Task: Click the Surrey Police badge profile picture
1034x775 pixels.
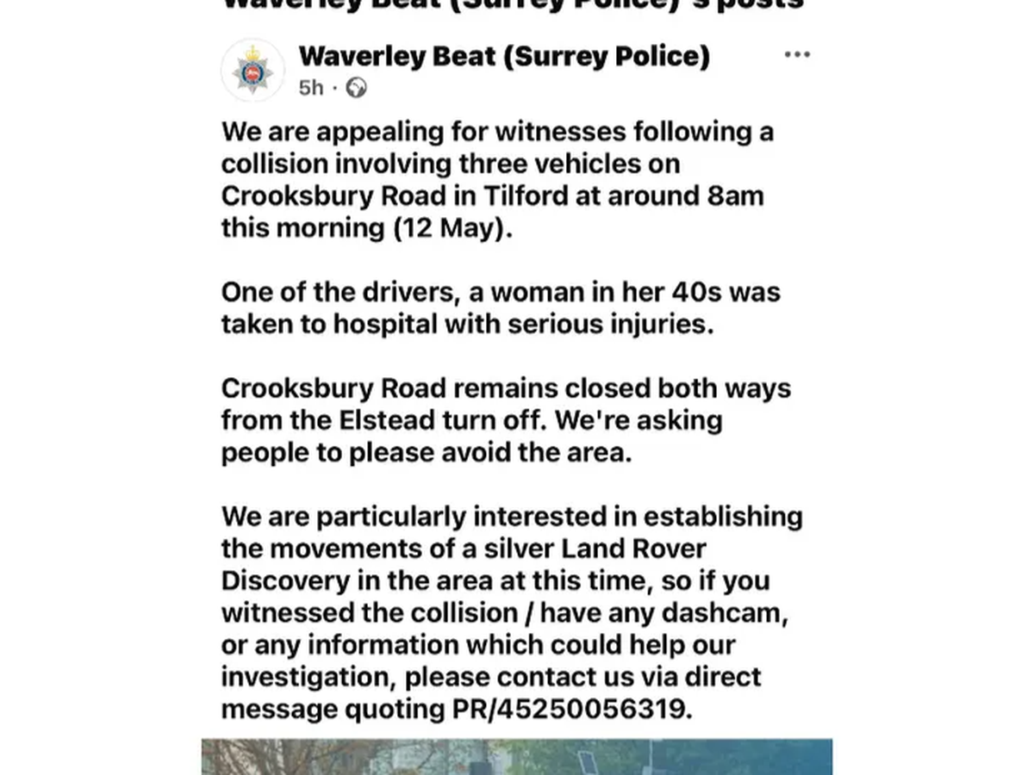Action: (252, 71)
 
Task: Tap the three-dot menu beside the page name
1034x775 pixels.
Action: (797, 55)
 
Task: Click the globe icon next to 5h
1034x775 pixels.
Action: (356, 88)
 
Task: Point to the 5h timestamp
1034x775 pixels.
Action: (311, 88)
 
